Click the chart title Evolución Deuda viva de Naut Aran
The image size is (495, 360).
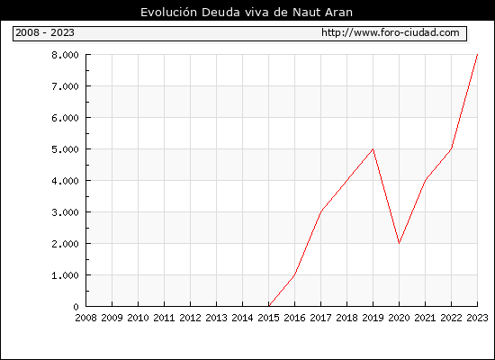(247, 12)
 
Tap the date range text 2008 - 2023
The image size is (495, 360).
(45, 32)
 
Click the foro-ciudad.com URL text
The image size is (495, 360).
(391, 32)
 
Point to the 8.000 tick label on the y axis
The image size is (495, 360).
(65, 55)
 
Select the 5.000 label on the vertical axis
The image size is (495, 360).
(65, 149)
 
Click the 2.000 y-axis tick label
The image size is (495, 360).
(65, 244)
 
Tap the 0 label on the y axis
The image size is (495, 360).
(76, 307)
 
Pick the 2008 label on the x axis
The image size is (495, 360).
(85, 318)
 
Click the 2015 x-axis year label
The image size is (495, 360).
(269, 318)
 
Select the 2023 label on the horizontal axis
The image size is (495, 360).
(477, 318)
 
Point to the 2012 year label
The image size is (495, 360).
(191, 318)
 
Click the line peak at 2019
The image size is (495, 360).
(373, 148)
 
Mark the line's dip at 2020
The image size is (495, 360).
(399, 243)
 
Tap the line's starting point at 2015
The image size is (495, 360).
(269, 306)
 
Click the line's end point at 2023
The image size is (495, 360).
(477, 55)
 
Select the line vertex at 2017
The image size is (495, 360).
(320, 211)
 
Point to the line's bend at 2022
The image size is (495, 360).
(451, 148)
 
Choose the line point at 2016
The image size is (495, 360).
(294, 274)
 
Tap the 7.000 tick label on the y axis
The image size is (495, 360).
(65, 86)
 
